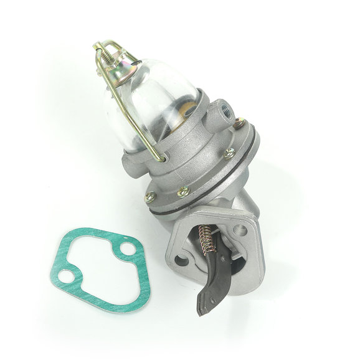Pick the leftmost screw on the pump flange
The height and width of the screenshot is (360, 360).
150,196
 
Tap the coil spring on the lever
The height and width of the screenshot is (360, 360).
206,240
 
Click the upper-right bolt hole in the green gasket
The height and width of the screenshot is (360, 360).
128,249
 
